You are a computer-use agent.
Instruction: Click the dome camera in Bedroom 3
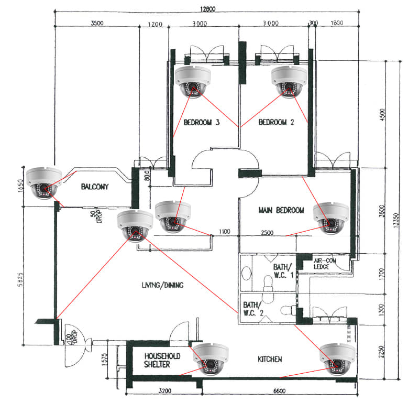[x=192, y=81]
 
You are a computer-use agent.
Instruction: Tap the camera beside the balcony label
[x=44, y=182]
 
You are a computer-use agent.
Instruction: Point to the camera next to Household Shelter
[x=211, y=360]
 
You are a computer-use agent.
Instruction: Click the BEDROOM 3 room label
[x=202, y=123]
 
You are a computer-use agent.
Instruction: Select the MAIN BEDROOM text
[x=281, y=210]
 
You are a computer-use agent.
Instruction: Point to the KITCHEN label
[x=270, y=360]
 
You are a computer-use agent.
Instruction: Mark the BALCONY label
[x=94, y=187]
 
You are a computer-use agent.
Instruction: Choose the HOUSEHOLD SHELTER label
[x=162, y=360]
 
